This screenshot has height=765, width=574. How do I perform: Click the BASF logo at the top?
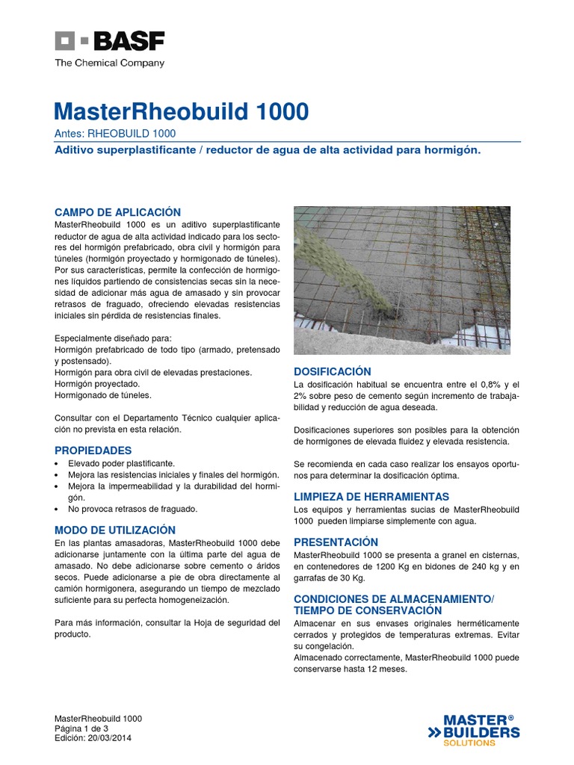pyautogui.click(x=109, y=41)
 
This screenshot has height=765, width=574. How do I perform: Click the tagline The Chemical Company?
pyautogui.click(x=109, y=64)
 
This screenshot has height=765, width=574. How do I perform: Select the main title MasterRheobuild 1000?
pyautogui.click(x=181, y=112)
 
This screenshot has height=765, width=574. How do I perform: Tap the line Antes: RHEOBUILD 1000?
pyautogui.click(x=115, y=134)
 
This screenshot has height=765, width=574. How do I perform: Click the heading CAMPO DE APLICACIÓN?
pyautogui.click(x=118, y=212)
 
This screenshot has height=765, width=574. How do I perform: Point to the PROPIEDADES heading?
pyautogui.click(x=93, y=450)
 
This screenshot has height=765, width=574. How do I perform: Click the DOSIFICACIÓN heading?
pyautogui.click(x=333, y=371)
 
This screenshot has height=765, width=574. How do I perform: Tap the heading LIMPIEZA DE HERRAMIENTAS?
pyautogui.click(x=371, y=496)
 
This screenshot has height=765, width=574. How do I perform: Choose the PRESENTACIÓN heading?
pyautogui.click(x=336, y=542)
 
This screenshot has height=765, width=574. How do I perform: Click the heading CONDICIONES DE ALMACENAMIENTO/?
pyautogui.click(x=394, y=599)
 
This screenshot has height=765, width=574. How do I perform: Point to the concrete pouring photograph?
pyautogui.click(x=402, y=280)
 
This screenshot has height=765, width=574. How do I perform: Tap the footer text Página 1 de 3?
pyautogui.click(x=82, y=728)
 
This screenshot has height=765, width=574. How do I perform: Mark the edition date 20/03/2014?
pyautogui.click(x=102, y=738)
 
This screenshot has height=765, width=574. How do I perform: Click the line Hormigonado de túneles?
pyautogui.click(x=103, y=395)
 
